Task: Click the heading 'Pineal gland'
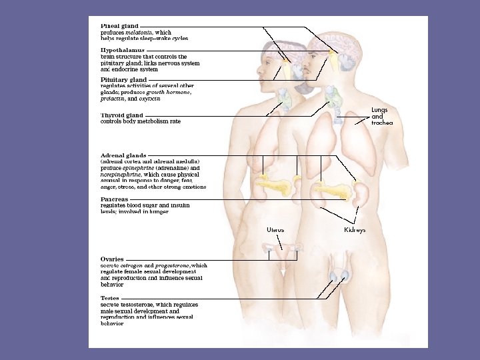120,26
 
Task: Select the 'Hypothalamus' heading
122,51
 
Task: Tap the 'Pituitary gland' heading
123,80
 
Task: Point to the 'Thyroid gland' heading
121,115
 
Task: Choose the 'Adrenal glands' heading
123,155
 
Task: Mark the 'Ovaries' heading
112,259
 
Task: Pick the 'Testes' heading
110,298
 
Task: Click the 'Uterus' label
275,230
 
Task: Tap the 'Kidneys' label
355,230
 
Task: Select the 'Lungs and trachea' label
381,116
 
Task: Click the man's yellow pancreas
333,190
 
